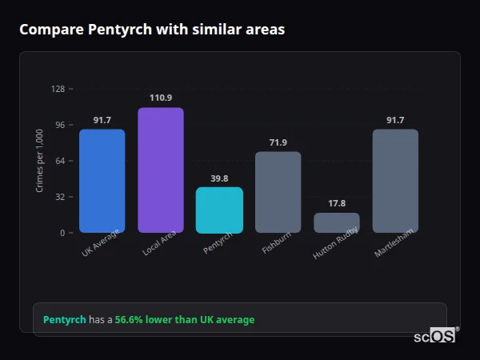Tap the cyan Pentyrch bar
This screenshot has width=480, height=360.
(219, 210)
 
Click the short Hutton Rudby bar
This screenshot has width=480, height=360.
(337, 222)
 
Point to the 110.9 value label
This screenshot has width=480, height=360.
(160, 98)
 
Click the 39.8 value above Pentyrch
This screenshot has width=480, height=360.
(219, 178)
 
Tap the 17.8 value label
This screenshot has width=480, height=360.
(337, 203)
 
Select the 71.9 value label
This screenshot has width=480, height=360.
(278, 142)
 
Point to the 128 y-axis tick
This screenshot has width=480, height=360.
(58, 89)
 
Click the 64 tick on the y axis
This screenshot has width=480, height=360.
(60, 161)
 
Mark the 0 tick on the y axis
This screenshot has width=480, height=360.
(62, 233)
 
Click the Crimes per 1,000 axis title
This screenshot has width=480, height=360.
(40, 160)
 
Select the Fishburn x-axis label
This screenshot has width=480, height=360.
(274, 243)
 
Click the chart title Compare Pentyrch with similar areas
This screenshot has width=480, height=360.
(152, 30)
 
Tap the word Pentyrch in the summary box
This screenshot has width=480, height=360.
(64, 320)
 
